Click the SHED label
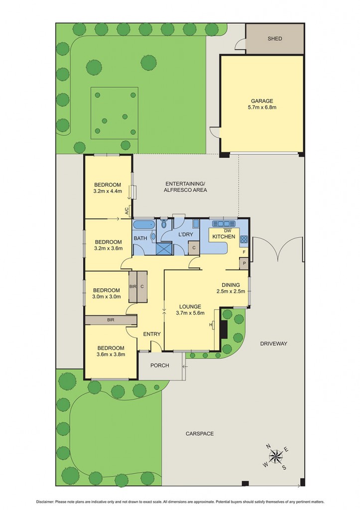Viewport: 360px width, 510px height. pyautogui.click(x=275, y=38)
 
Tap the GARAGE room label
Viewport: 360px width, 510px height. pyautogui.click(x=262, y=101)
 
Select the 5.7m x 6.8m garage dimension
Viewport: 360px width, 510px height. pyautogui.click(x=262, y=107)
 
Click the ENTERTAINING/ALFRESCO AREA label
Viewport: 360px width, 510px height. pyautogui.click(x=186, y=187)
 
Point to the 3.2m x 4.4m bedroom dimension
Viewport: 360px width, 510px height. pyautogui.click(x=108, y=191)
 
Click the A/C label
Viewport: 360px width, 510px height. pyautogui.click(x=127, y=211)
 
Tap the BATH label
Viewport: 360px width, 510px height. pyautogui.click(x=140, y=239)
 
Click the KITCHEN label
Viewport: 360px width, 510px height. pyautogui.click(x=224, y=237)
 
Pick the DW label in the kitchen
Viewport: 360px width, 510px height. pyautogui.click(x=228, y=230)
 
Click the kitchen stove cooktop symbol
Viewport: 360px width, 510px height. pyautogui.click(x=244, y=239)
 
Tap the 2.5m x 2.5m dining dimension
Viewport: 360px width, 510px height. pyautogui.click(x=231, y=291)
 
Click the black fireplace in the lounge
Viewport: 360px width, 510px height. pyautogui.click(x=224, y=329)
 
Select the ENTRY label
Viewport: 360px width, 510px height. pyautogui.click(x=151, y=334)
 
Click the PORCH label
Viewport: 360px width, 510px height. pyautogui.click(x=159, y=366)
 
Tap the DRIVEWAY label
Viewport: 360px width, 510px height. pyautogui.click(x=273, y=344)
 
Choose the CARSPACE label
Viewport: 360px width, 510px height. pyautogui.click(x=200, y=434)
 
